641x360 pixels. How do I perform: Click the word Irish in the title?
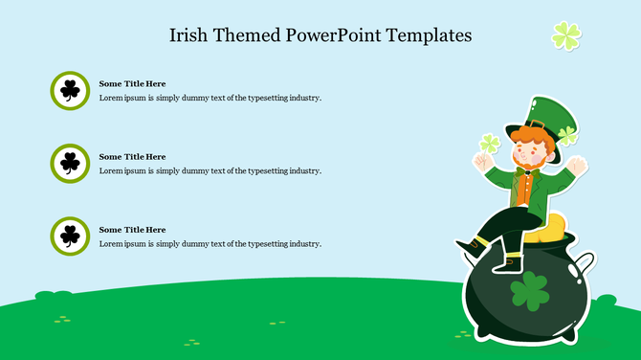(x=189, y=35)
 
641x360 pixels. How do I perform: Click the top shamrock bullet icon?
(x=70, y=91)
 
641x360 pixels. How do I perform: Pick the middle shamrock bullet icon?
(x=70, y=164)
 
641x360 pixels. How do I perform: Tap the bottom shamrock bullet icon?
(x=70, y=236)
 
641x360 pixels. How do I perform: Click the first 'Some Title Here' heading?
(x=132, y=84)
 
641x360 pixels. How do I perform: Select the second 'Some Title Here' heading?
(x=132, y=157)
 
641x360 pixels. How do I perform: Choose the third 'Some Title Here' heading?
(x=132, y=230)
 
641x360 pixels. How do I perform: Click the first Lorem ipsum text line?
(x=210, y=98)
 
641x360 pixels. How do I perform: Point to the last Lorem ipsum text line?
(x=210, y=244)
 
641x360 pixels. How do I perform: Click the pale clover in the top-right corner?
(x=566, y=36)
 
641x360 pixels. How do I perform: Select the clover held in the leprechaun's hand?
(x=490, y=145)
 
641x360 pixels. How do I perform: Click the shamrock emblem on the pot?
(x=529, y=291)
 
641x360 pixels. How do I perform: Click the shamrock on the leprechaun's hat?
(x=568, y=135)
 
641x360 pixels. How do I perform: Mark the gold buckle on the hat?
(x=538, y=124)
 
